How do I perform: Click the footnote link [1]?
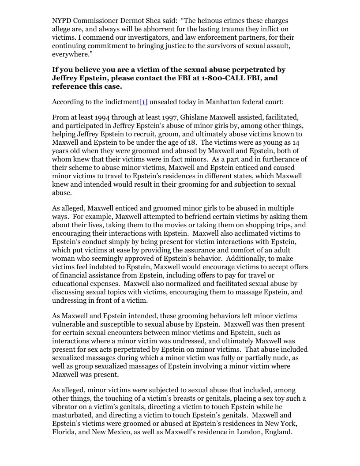coord(143,102)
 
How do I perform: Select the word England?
coord(278,432)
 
